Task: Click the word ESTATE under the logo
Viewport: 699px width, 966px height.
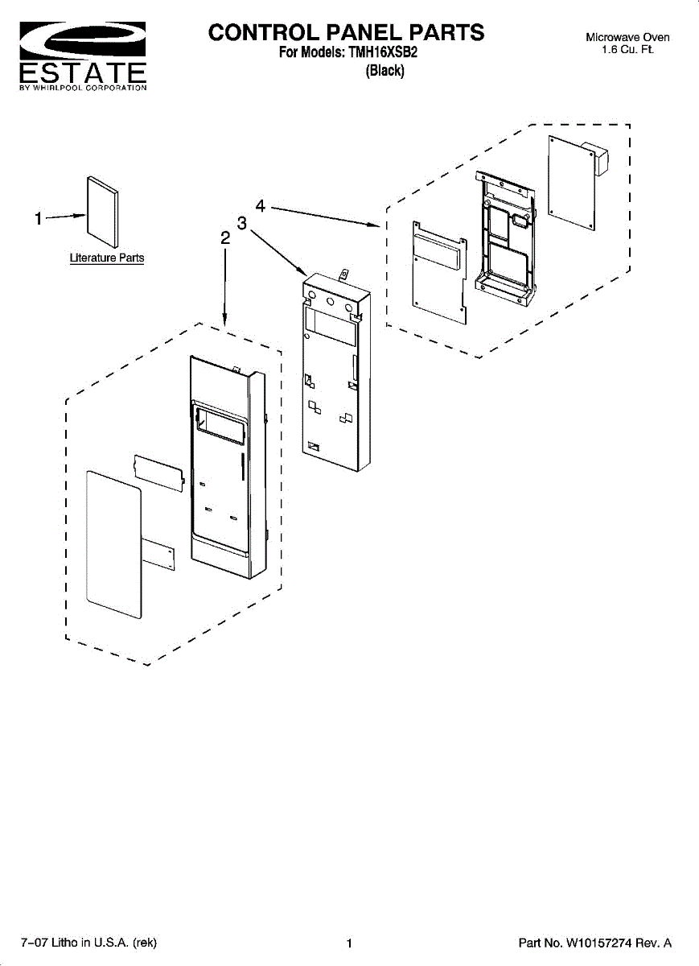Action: pos(82,72)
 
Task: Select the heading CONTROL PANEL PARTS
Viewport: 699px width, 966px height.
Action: pos(347,32)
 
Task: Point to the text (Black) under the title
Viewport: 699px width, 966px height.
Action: pos(385,71)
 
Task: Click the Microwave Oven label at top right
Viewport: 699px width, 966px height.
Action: pos(627,37)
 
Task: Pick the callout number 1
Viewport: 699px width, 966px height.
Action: pos(38,219)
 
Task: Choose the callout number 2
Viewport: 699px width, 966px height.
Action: pos(225,238)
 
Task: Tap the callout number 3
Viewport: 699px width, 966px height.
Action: pos(241,222)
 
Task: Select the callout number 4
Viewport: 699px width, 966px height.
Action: pos(261,205)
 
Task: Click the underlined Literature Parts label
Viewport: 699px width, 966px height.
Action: pos(107,258)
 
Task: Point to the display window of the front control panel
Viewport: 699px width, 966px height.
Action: pos(220,424)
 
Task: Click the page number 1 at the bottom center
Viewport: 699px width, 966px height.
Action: pos(349,943)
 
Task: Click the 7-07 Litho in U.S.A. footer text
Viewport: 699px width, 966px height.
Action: pos(88,943)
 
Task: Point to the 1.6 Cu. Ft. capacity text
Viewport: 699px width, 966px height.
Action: pos(627,50)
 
